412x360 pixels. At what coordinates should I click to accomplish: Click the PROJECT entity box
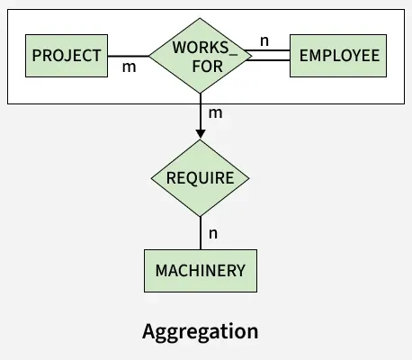tap(67, 56)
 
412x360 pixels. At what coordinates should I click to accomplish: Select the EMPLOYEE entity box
tap(338, 56)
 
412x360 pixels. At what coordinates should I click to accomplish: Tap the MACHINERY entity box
tap(201, 271)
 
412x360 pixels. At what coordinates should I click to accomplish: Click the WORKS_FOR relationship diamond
tap(201, 56)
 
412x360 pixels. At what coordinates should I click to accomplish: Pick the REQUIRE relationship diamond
tap(201, 178)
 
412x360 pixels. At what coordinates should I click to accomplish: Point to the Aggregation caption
tap(201, 332)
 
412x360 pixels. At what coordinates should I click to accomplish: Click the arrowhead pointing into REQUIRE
tap(201, 134)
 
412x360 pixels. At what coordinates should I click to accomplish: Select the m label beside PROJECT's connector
tap(130, 67)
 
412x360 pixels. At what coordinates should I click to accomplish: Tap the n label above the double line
tap(264, 41)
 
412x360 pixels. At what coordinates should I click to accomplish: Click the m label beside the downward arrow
tap(216, 113)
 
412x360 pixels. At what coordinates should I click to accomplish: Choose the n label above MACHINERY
tap(213, 234)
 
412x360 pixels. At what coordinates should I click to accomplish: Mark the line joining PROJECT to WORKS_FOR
tap(129, 56)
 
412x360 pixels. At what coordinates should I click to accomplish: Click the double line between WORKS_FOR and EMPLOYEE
tap(267, 56)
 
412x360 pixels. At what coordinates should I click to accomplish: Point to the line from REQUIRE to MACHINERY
tap(201, 233)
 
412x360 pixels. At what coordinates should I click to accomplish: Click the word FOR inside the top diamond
tap(208, 67)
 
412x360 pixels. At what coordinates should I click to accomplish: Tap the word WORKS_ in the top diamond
tap(205, 48)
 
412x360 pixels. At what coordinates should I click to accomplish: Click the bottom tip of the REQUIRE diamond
tap(201, 216)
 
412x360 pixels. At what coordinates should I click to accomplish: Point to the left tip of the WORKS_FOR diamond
tap(149, 56)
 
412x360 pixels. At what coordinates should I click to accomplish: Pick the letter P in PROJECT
tap(36, 56)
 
